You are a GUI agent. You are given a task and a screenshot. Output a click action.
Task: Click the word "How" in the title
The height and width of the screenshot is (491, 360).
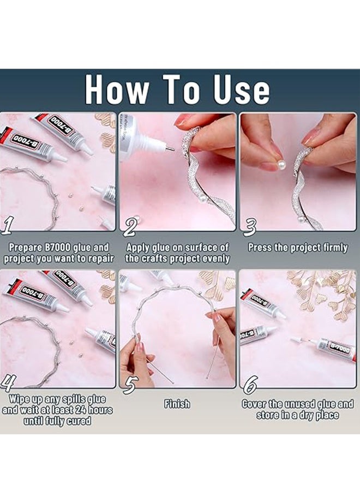click(x=117, y=89)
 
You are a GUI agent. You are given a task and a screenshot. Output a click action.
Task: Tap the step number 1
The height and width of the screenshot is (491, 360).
click(x=7, y=226)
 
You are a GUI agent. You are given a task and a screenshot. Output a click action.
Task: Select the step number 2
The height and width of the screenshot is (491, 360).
click(x=129, y=227)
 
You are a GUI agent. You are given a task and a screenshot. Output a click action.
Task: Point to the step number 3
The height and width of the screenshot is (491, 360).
click(x=249, y=227)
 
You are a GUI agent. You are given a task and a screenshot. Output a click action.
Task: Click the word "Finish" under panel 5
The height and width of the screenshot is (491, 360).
click(x=177, y=404)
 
